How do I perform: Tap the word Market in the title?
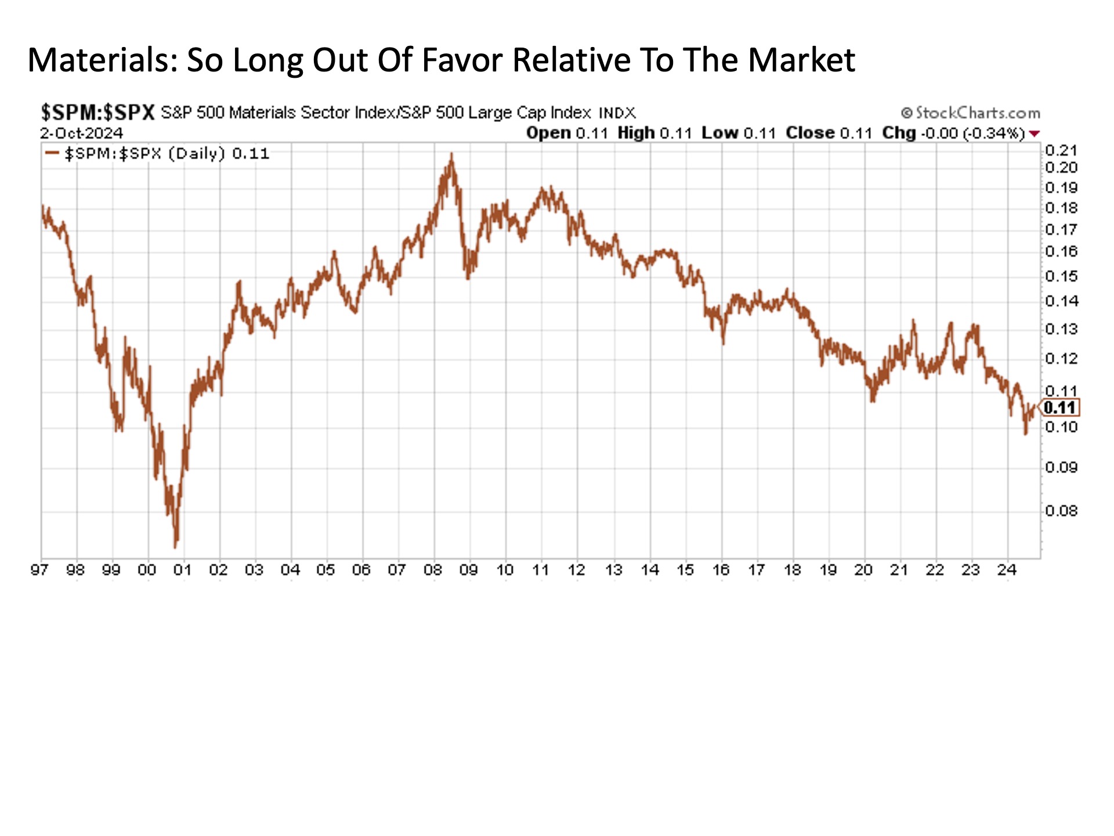click(x=801, y=60)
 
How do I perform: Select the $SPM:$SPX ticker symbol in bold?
click(x=97, y=112)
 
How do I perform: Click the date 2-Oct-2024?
click(x=81, y=133)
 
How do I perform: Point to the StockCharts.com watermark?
click(x=970, y=113)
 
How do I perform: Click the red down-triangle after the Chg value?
click(x=1034, y=134)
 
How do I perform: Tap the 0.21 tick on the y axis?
click(x=1061, y=151)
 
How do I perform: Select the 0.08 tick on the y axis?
click(x=1061, y=511)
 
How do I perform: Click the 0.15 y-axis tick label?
click(x=1061, y=276)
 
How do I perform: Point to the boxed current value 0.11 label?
click(x=1059, y=408)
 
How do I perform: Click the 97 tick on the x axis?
click(x=39, y=570)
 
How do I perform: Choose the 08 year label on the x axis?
click(x=433, y=570)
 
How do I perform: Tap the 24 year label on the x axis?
click(x=1007, y=570)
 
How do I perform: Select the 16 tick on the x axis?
click(x=721, y=570)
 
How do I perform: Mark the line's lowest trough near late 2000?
click(x=176, y=546)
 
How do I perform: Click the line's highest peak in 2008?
click(x=451, y=154)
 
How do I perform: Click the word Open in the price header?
click(x=548, y=133)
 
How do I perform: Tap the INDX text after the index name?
click(x=617, y=113)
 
